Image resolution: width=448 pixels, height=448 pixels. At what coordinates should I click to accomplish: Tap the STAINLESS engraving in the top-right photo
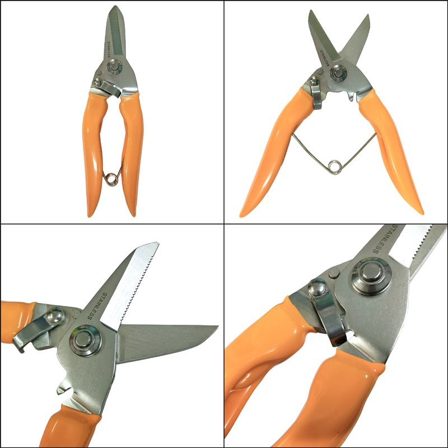[325, 58]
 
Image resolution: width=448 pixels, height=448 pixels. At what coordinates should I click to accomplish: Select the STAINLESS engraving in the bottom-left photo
[97, 306]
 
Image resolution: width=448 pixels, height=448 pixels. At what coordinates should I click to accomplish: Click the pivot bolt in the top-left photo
[115, 67]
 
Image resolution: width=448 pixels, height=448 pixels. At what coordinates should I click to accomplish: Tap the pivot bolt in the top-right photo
[339, 73]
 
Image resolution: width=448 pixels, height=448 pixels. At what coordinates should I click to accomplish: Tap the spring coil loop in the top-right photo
[334, 167]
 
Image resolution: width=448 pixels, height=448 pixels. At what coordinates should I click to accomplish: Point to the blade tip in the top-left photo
[116, 6]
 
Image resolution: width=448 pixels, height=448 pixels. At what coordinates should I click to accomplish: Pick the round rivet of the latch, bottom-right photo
[317, 288]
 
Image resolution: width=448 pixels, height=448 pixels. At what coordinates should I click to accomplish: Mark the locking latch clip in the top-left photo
[109, 88]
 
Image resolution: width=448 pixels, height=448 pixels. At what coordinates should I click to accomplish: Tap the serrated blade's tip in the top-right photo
[311, 11]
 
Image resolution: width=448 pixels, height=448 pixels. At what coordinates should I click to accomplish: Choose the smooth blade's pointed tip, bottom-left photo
[217, 326]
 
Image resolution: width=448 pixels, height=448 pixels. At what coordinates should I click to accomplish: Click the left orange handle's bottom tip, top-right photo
[242, 215]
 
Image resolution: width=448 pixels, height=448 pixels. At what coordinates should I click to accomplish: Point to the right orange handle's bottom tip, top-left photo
[134, 215]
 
